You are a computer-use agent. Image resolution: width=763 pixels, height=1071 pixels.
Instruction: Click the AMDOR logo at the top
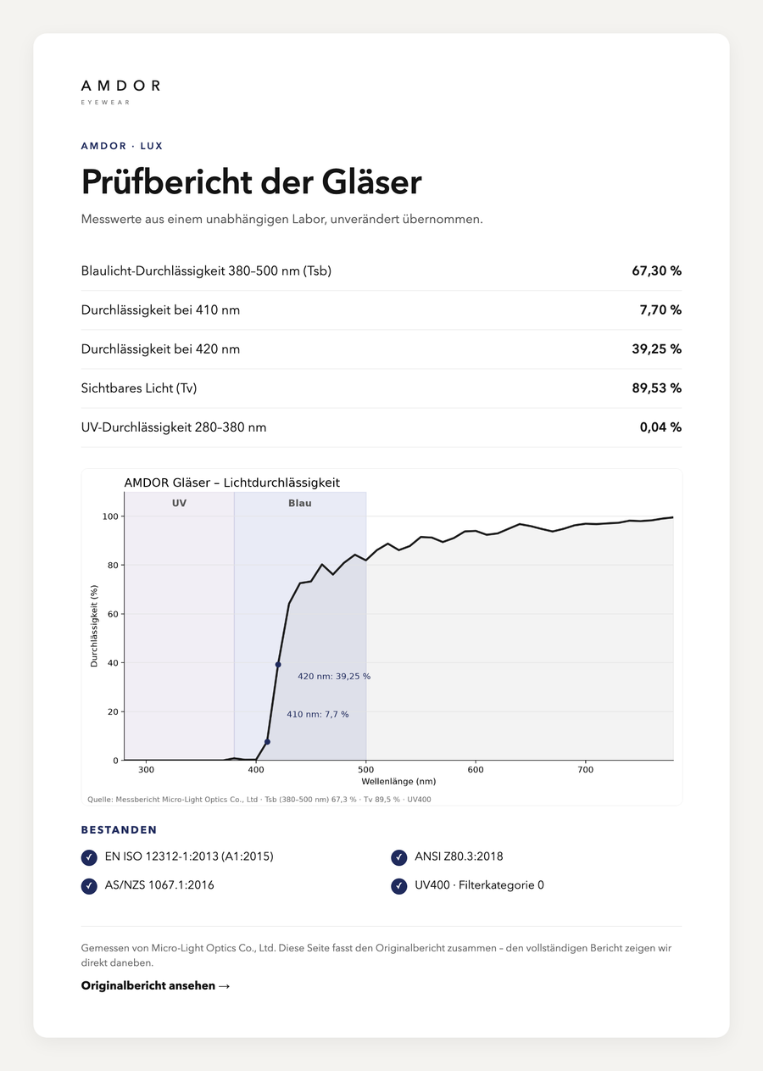click(x=120, y=92)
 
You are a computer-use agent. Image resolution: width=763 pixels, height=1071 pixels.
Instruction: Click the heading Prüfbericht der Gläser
click(x=252, y=182)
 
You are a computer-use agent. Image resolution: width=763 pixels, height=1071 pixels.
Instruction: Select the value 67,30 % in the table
click(x=656, y=271)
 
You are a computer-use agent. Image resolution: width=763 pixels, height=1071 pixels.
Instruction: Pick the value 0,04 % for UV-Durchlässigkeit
click(x=660, y=427)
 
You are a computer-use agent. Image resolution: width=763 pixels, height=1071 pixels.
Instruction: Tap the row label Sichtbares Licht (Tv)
click(x=139, y=388)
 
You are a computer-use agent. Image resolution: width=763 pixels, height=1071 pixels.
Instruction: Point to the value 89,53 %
click(x=656, y=388)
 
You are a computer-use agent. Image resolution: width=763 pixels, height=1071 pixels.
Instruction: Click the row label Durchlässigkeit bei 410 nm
click(x=160, y=310)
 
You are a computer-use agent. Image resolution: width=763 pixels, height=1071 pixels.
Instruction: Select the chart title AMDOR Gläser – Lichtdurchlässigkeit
click(x=231, y=483)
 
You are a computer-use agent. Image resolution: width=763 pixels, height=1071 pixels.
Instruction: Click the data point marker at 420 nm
click(x=278, y=665)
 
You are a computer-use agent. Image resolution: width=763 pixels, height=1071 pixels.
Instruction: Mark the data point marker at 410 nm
click(x=267, y=742)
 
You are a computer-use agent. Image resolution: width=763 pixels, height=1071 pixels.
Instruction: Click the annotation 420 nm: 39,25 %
click(x=334, y=677)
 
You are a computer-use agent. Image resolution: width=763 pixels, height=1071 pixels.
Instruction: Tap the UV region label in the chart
click(x=179, y=503)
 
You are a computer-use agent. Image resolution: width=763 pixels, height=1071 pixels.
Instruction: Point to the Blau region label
click(x=300, y=503)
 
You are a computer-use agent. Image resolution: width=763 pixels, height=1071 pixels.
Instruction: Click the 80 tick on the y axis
click(x=113, y=565)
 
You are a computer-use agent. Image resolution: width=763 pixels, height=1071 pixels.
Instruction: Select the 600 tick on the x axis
click(x=476, y=770)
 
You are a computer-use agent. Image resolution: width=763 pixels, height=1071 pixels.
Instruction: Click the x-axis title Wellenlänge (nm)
click(x=398, y=782)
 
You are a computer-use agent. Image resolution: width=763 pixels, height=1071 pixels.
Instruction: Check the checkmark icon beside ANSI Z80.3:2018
click(x=398, y=858)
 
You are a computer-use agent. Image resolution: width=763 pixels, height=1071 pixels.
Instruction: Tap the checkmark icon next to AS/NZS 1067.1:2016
click(x=89, y=886)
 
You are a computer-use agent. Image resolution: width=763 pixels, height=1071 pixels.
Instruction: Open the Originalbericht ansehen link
click(x=156, y=986)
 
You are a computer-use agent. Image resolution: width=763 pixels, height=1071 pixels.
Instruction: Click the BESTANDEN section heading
click(x=119, y=830)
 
